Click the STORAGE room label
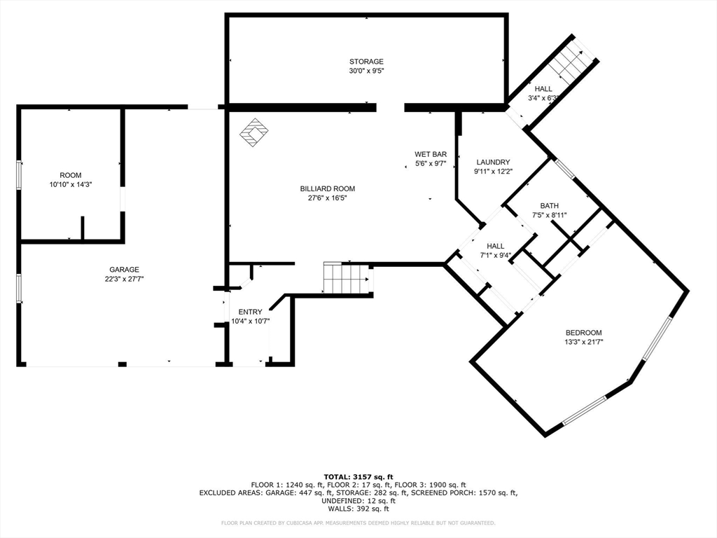(366, 62)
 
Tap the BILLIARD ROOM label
(328, 188)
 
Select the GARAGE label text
(124, 270)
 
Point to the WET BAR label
(431, 154)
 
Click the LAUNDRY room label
(493, 162)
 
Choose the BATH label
(549, 206)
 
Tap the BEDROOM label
(583, 333)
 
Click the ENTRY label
(250, 312)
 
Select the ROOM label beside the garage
(71, 175)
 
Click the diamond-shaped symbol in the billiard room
(254, 132)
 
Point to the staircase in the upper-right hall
(571, 60)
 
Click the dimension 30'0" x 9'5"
(366, 71)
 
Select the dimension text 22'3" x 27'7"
(124, 279)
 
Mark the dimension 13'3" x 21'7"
(583, 342)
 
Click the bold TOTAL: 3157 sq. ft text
(358, 477)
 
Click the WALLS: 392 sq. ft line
(358, 509)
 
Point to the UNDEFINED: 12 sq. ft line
(358, 500)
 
